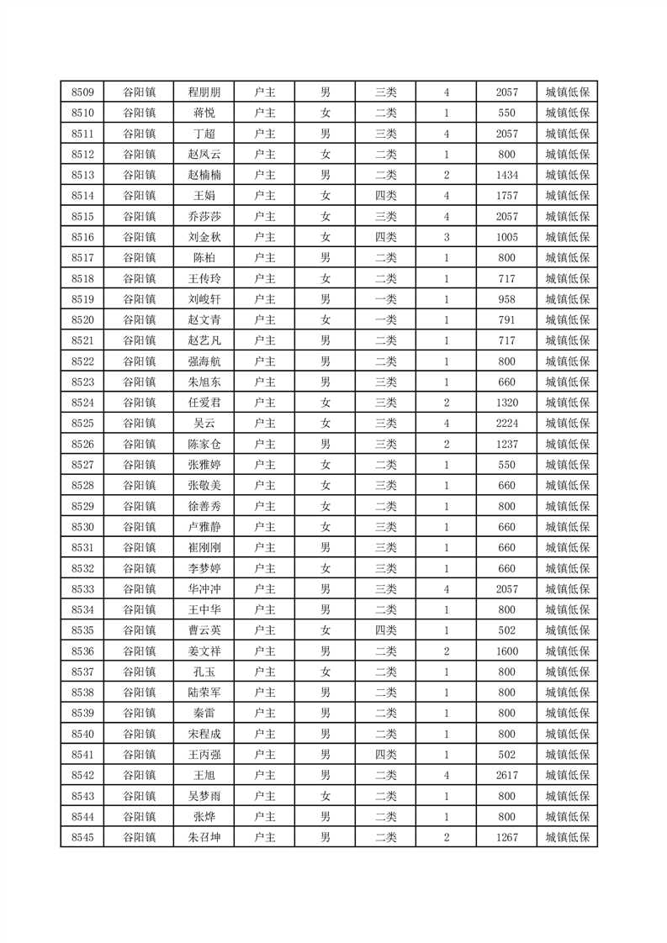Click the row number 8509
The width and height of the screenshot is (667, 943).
pyautogui.click(x=82, y=92)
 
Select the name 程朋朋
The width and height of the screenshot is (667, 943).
pyautogui.click(x=204, y=92)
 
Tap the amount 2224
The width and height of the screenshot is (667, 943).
pyautogui.click(x=507, y=423)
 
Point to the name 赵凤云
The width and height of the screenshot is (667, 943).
pyautogui.click(x=204, y=155)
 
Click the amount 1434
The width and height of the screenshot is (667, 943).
pyautogui.click(x=507, y=175)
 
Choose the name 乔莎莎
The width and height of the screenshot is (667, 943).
pyautogui.click(x=204, y=216)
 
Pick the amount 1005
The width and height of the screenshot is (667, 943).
pyautogui.click(x=507, y=237)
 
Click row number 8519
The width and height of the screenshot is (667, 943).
pyautogui.click(x=82, y=298)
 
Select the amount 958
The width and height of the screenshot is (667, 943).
pyautogui.click(x=507, y=298)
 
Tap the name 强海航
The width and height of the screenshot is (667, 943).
pyautogui.click(x=204, y=361)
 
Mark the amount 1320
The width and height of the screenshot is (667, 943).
pyautogui.click(x=507, y=402)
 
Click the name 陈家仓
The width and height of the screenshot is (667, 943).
pyautogui.click(x=204, y=444)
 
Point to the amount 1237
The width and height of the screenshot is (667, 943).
pyautogui.click(x=507, y=444)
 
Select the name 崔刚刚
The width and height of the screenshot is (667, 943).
pyautogui.click(x=204, y=547)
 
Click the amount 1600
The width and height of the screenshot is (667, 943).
pyautogui.click(x=507, y=651)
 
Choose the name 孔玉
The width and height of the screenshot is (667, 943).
pyautogui.click(x=204, y=671)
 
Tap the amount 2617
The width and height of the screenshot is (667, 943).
pyautogui.click(x=507, y=774)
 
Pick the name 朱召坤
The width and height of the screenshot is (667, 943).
pyautogui.click(x=204, y=836)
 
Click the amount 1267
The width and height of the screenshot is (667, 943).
pyautogui.click(x=507, y=836)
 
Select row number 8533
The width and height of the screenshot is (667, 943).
pyautogui.click(x=82, y=588)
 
